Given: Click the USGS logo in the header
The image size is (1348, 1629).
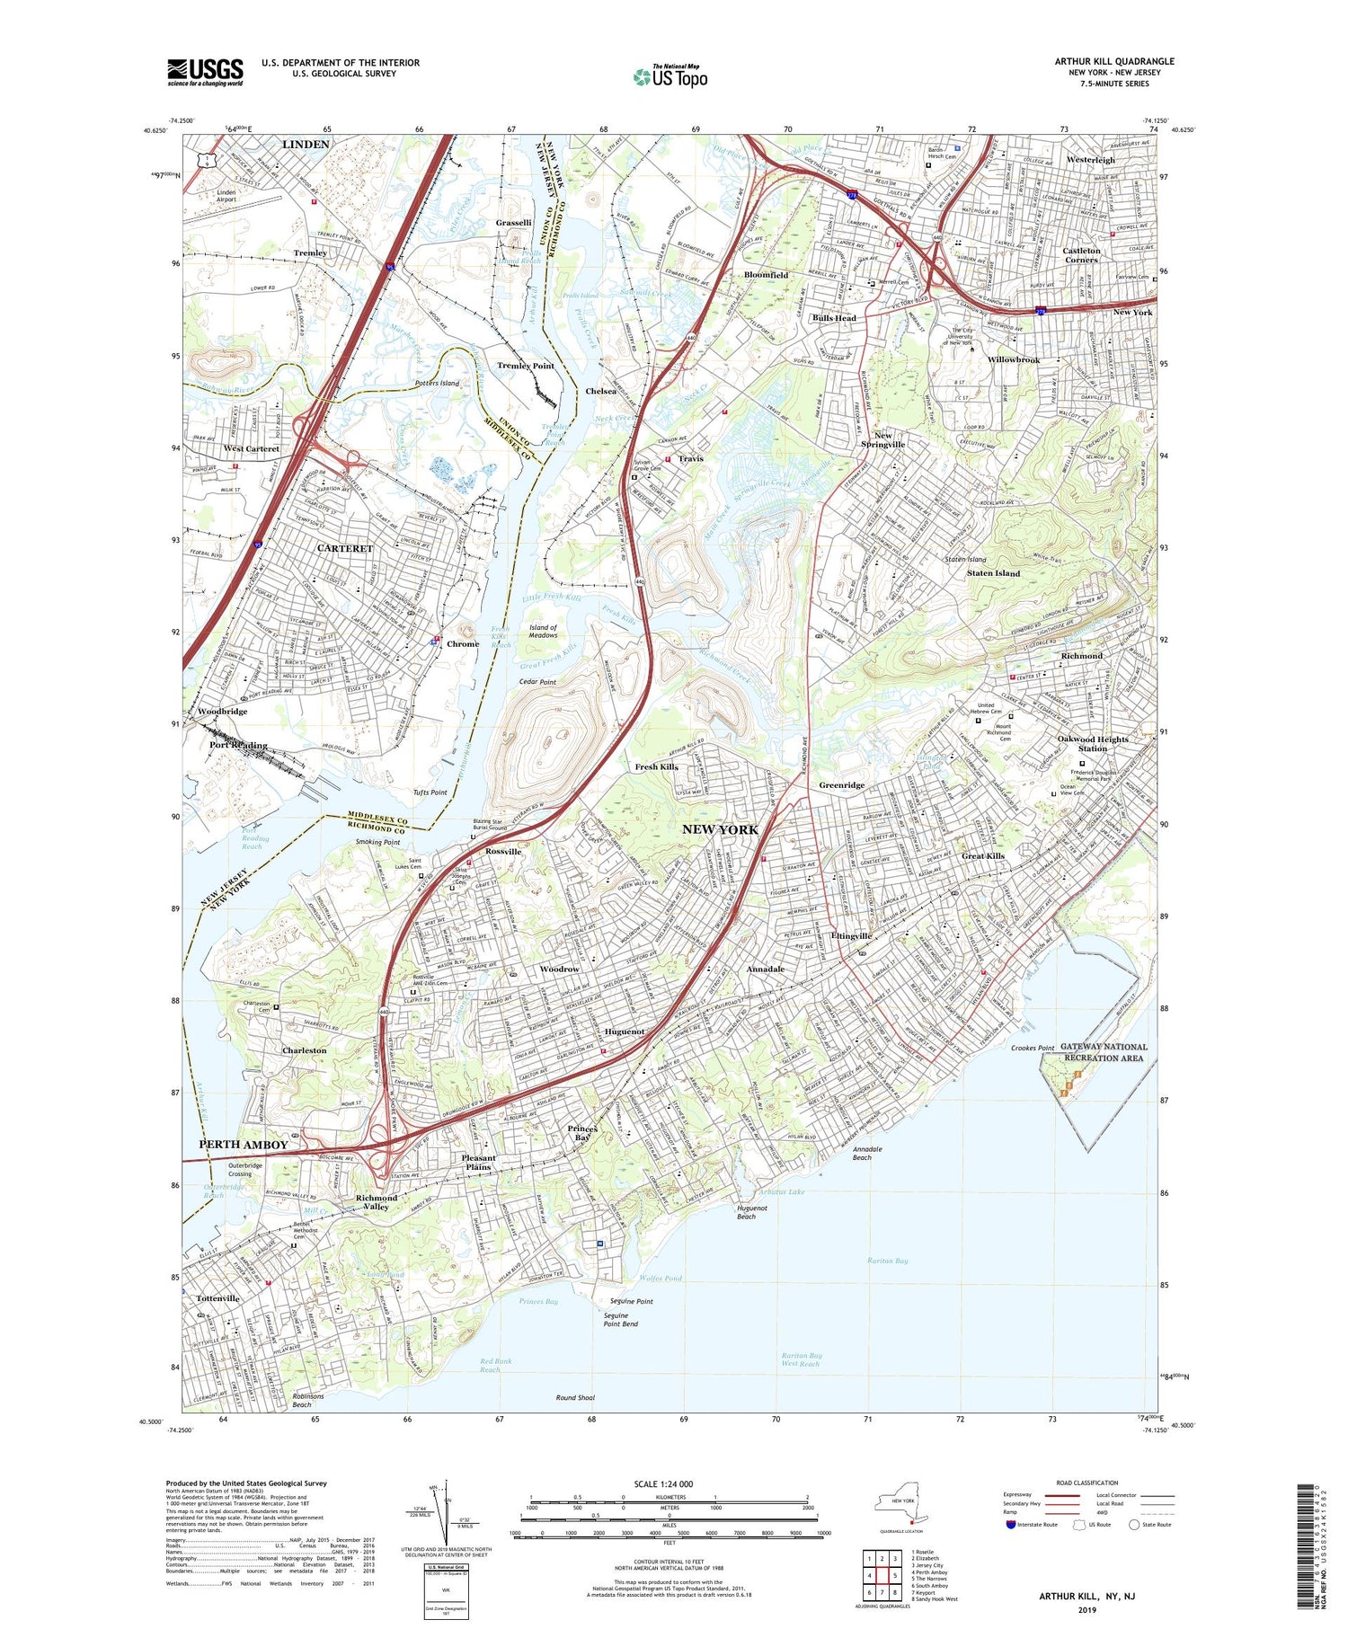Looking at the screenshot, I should [205, 72].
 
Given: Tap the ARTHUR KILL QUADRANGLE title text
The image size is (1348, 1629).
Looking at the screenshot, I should [1113, 61].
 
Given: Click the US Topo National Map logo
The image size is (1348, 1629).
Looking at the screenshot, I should [670, 76].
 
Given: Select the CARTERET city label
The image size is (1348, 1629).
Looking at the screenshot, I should [344, 548].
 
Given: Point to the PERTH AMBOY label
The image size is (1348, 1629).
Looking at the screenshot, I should [244, 1144].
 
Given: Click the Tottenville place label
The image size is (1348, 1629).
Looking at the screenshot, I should [217, 1298].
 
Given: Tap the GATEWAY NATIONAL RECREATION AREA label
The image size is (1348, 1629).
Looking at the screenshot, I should [1104, 1052].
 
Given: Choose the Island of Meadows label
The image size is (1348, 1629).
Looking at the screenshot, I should [543, 632].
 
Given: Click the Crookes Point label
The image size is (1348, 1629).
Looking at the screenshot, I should [1032, 1048].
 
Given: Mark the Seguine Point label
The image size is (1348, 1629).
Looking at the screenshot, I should [631, 1301].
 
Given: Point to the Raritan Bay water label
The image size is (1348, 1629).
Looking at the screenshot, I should [888, 1261].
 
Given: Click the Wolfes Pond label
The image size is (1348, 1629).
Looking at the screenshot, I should [661, 1278].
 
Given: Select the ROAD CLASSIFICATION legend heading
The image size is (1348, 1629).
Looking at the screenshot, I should [1087, 1483].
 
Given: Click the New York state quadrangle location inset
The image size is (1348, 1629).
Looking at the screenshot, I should [901, 1507].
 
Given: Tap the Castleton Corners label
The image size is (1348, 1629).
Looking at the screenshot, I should [1081, 255].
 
